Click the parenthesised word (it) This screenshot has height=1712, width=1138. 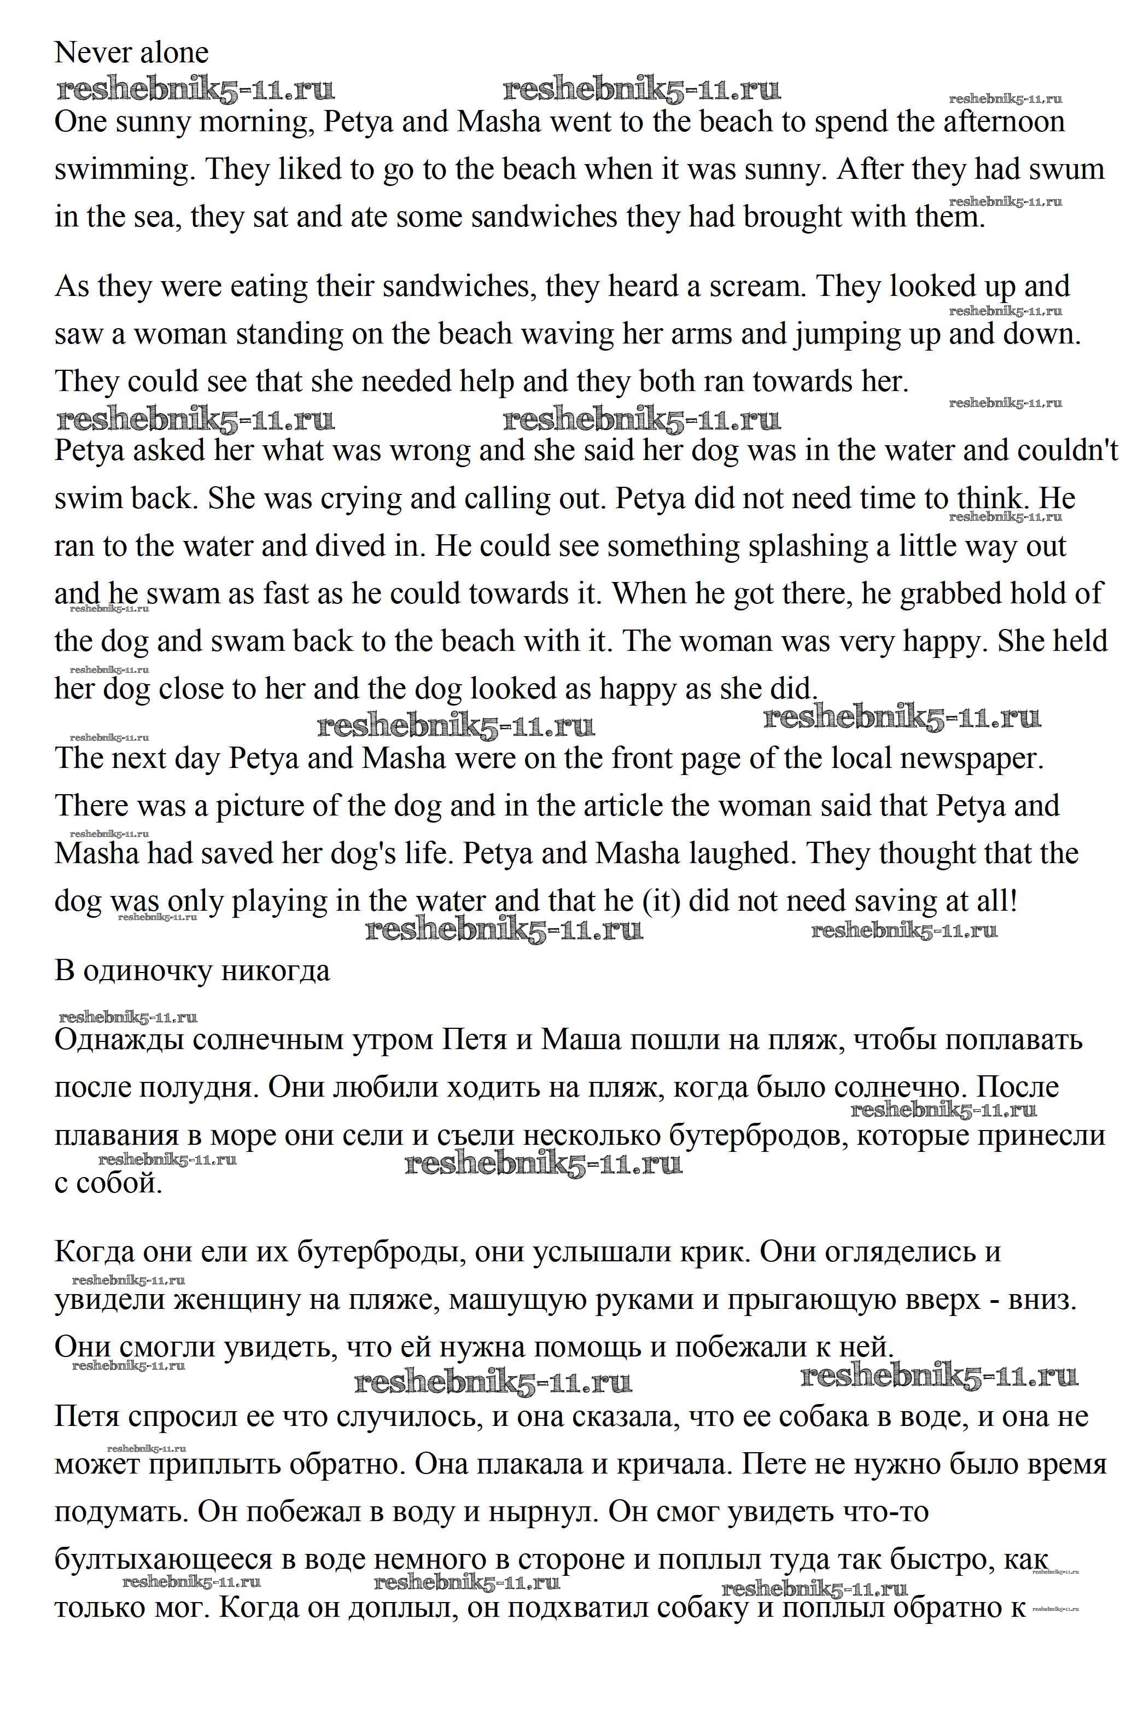coord(658,901)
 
